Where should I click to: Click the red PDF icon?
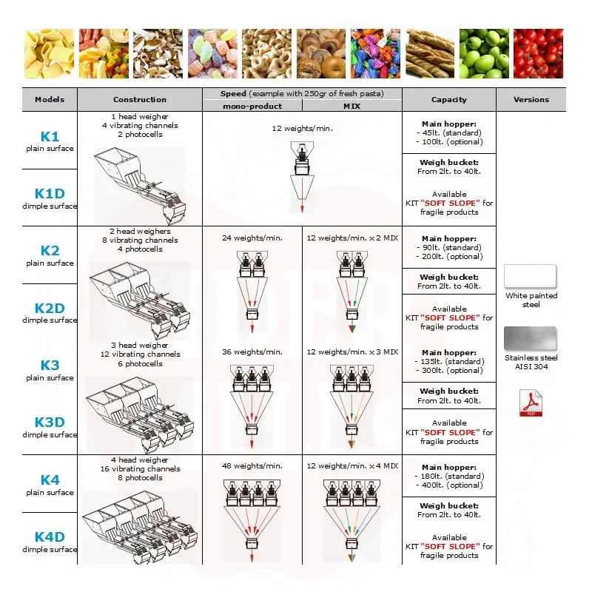(531, 403)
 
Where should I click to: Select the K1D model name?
(50, 194)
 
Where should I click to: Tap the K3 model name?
(50, 365)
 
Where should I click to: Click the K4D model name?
(50, 537)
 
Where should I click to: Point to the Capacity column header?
(449, 100)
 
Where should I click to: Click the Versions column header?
(531, 100)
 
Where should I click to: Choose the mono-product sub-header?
(252, 106)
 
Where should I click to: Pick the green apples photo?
(484, 53)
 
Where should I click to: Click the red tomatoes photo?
(538, 53)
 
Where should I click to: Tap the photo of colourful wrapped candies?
(375, 53)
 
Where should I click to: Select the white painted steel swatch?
(530, 276)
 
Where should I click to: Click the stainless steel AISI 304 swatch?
(530, 338)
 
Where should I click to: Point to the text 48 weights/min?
(252, 466)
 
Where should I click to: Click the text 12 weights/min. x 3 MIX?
(352, 352)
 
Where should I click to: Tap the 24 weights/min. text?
(252, 238)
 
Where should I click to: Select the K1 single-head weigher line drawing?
(140, 186)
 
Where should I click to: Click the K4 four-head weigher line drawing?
(140, 528)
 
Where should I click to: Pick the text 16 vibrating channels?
(140, 469)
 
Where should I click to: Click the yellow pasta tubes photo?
(49, 53)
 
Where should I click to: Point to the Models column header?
(50, 100)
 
